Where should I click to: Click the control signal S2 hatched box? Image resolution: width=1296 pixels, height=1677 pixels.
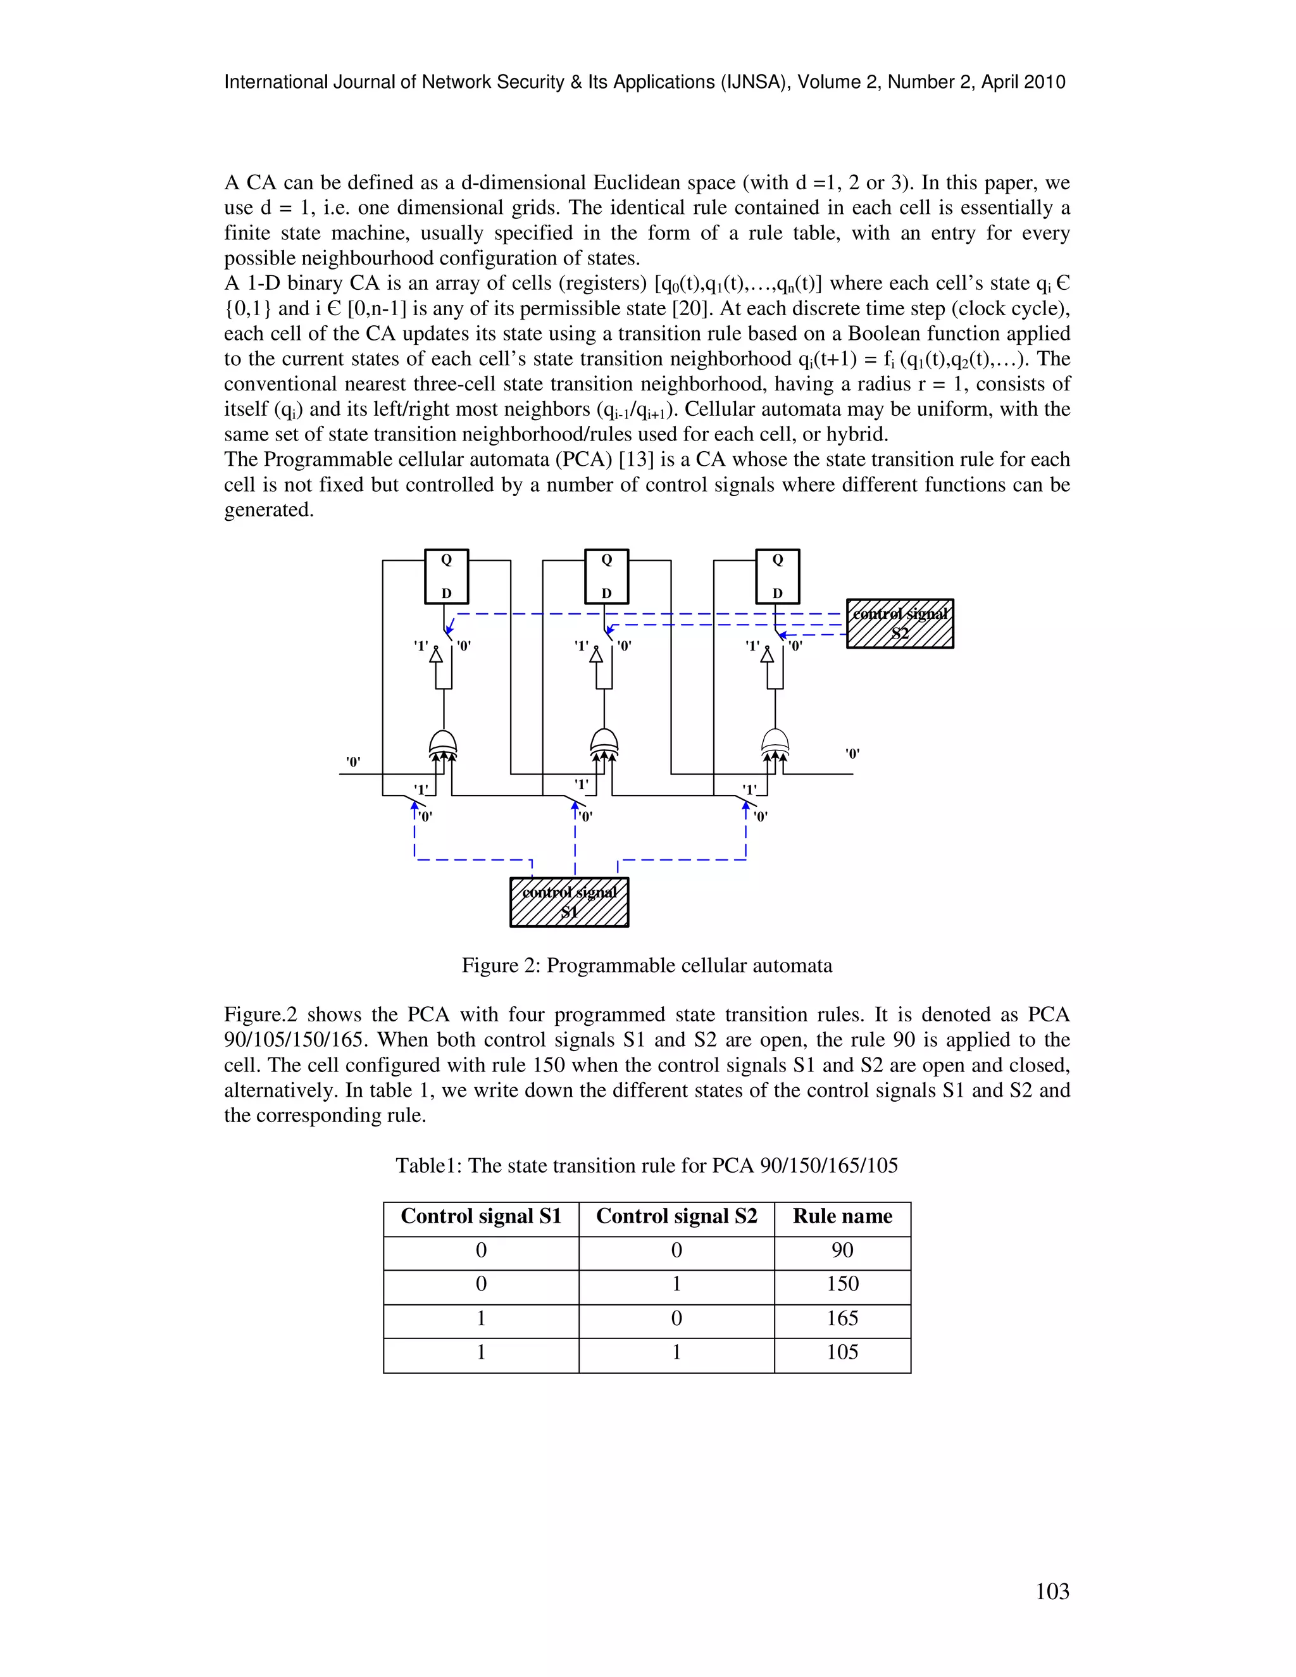(900, 623)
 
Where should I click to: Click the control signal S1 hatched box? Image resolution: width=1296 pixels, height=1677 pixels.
(569, 902)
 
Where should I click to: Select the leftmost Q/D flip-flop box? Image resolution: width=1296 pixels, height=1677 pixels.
(446, 577)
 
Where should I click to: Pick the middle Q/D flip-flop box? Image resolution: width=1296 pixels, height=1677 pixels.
(606, 577)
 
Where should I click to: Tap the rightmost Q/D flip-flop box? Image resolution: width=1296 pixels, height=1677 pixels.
(778, 577)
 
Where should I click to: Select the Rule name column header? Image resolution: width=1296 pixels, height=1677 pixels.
(842, 1216)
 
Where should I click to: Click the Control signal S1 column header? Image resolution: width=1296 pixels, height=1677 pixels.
(482, 1216)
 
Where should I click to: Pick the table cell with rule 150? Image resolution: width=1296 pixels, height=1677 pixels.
(842, 1284)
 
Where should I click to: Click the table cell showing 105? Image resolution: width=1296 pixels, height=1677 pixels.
(842, 1352)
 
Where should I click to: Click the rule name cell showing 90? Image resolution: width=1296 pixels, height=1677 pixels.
(842, 1250)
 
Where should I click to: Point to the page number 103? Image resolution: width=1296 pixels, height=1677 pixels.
(1052, 1592)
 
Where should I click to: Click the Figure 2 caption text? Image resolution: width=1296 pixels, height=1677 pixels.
(647, 965)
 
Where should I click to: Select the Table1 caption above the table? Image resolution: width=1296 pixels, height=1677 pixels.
(647, 1166)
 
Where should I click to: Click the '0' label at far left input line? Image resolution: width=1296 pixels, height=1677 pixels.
(353, 762)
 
